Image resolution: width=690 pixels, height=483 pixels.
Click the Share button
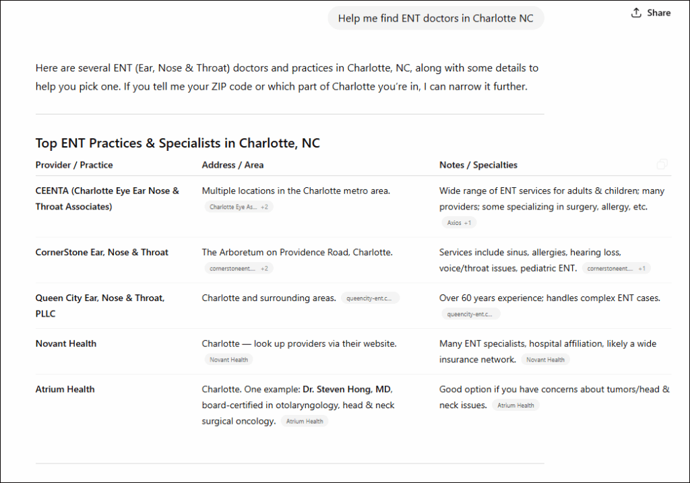click(x=651, y=13)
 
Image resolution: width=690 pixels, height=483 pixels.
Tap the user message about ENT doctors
click(x=435, y=18)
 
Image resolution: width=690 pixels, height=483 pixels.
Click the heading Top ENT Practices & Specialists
click(x=177, y=143)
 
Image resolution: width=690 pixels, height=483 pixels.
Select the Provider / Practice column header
click(x=74, y=165)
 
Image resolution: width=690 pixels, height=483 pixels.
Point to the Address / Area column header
click(x=232, y=165)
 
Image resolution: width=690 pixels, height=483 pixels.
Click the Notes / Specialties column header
click(x=478, y=165)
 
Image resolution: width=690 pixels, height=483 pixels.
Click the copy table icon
click(x=662, y=164)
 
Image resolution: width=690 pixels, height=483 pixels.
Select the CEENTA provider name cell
click(x=107, y=199)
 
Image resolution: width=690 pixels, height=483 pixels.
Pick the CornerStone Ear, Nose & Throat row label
click(x=102, y=253)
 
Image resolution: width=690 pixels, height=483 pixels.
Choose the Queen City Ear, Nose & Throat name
click(x=100, y=306)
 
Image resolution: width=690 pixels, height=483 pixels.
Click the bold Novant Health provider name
click(x=66, y=344)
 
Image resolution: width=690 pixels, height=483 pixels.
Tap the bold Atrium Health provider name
click(x=65, y=389)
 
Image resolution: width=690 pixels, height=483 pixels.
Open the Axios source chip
click(x=459, y=222)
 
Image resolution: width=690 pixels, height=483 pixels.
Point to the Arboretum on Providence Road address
click(x=297, y=253)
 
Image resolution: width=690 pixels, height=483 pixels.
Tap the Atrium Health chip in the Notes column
click(x=515, y=406)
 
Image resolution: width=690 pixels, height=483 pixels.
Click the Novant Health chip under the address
click(x=228, y=360)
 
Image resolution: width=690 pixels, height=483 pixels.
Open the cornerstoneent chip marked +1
click(x=616, y=268)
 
